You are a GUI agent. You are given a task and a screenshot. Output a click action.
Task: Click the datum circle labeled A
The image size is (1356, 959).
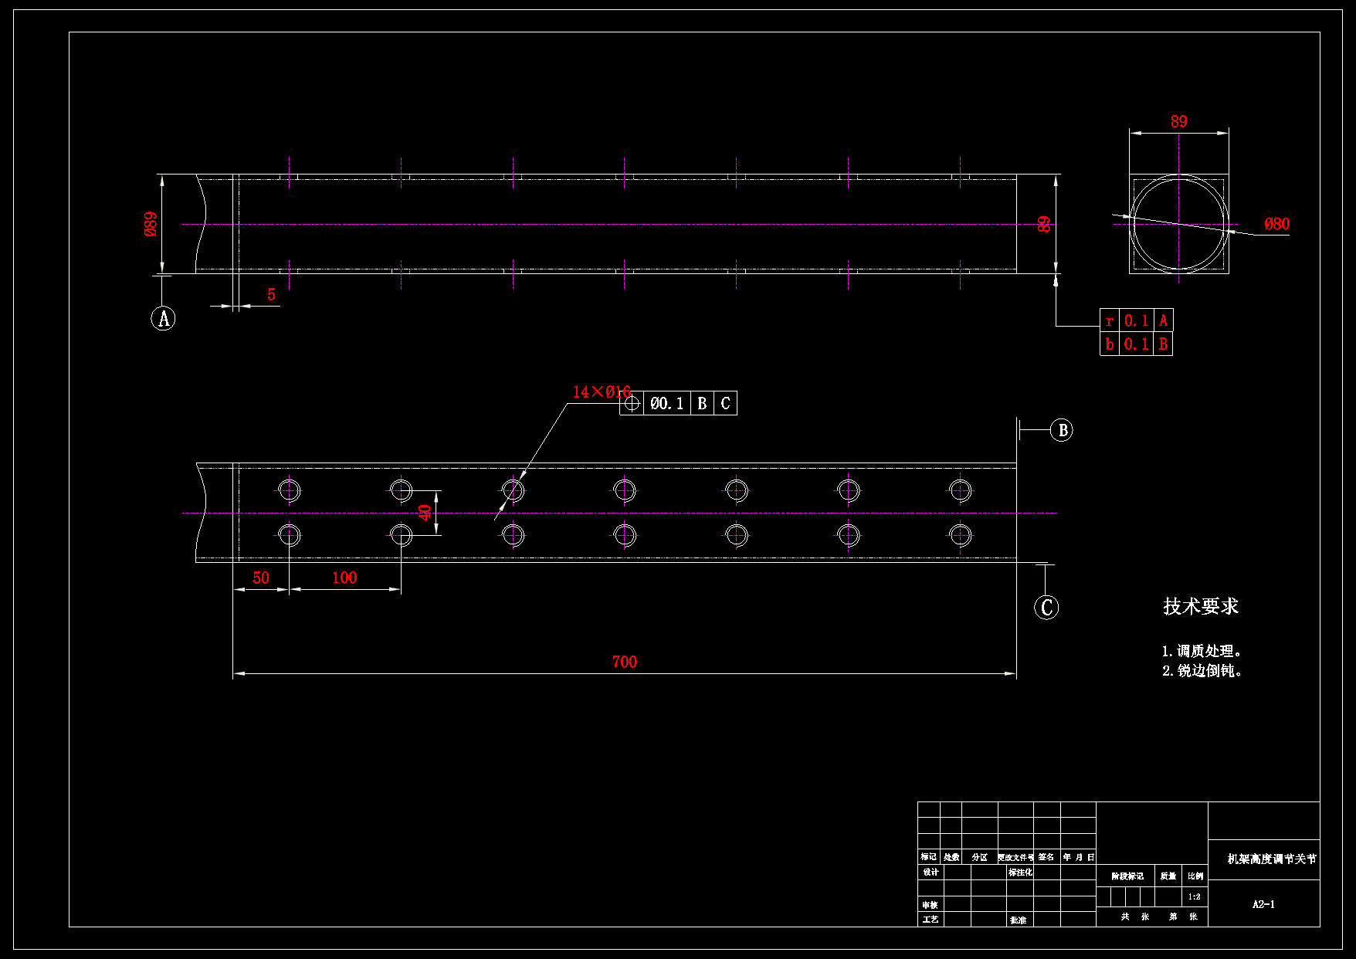coord(163,318)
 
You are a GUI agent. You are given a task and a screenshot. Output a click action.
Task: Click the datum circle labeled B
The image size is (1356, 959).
coord(1062,430)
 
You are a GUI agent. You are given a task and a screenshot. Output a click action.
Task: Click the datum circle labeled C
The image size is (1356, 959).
coord(1046,607)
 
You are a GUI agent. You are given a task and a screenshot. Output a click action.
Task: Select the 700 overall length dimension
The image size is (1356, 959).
coord(624,662)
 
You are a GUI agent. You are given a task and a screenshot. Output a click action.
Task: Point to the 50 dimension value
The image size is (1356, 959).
coord(261,578)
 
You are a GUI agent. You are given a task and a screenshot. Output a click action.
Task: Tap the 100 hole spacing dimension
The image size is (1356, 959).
coord(344,578)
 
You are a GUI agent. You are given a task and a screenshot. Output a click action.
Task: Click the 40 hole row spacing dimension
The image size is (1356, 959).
coord(425,512)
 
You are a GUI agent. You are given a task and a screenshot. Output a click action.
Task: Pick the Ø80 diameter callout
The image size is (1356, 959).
coord(1276,224)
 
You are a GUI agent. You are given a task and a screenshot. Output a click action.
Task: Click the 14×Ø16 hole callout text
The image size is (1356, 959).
coord(601,392)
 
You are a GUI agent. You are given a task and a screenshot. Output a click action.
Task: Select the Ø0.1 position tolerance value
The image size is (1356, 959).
coord(666,403)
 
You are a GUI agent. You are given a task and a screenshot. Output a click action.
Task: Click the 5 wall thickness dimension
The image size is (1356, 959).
coord(271,294)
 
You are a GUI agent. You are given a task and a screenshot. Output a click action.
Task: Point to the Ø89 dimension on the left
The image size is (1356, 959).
coord(151,224)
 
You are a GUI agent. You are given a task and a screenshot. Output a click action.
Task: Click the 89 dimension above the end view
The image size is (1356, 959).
coord(1178,121)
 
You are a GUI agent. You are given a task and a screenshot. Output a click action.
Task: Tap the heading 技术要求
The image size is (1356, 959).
coord(1200,606)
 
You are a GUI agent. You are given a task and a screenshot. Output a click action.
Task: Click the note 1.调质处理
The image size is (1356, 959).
coord(1202,651)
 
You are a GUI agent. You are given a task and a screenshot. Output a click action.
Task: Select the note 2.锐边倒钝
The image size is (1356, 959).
coord(1202,671)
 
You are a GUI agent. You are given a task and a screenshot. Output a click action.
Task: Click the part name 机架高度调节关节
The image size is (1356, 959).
coord(1272,859)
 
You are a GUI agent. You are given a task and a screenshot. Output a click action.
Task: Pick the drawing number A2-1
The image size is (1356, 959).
coord(1263,904)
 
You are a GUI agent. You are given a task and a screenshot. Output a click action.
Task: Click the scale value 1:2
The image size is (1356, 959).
coord(1195,896)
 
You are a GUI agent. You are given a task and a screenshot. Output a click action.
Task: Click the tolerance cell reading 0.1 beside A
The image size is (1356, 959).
coord(1136,320)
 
